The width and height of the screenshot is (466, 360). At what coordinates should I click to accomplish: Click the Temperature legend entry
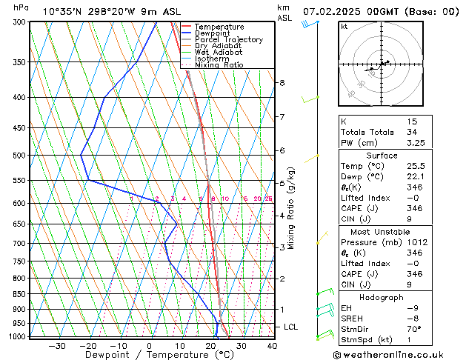tap(219, 27)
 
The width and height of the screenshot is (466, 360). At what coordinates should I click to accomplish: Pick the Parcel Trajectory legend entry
tap(228, 40)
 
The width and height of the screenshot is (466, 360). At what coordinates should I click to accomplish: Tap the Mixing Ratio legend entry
tap(219, 65)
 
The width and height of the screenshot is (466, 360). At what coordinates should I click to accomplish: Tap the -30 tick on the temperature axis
tap(57, 346)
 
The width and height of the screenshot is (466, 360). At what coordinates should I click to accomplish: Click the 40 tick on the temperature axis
tap(272, 346)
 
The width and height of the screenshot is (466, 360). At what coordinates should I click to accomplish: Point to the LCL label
tap(291, 327)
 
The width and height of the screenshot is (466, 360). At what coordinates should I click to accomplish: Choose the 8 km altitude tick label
tap(282, 83)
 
